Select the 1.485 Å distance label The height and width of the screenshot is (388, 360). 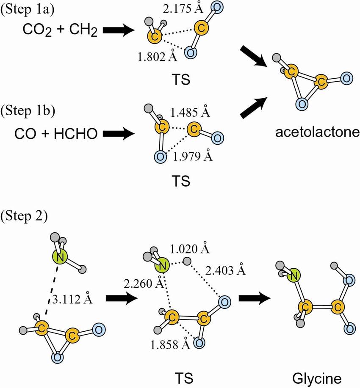click(191, 113)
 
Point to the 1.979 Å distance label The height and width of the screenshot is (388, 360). click(193, 157)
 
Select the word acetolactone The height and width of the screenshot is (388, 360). click(317, 132)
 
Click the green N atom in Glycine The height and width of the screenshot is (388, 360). click(293, 277)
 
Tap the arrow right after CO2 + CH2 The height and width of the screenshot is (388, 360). click(117, 30)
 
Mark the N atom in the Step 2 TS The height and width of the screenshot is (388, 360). click(162, 265)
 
